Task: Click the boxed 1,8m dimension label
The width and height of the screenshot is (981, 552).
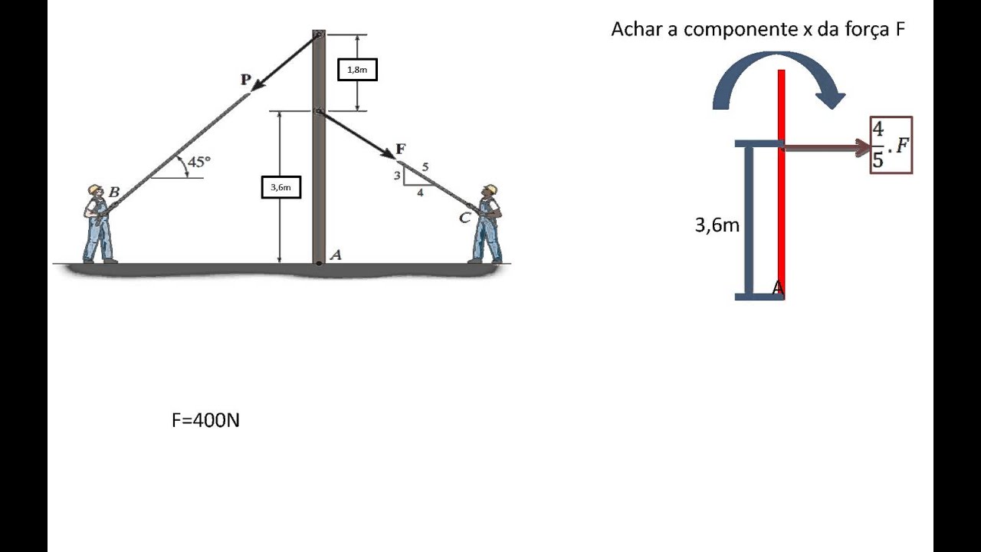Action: point(357,70)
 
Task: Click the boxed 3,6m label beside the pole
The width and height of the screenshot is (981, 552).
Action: point(281,186)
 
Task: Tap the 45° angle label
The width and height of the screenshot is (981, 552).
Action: point(198,163)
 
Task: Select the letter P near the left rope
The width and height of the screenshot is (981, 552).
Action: point(245,79)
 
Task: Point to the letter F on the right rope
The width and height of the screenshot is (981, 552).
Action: point(400,149)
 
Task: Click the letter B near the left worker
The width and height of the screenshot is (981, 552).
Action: point(113,192)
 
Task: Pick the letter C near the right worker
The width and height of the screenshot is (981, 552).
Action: point(464,219)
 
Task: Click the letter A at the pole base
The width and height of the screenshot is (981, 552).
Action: point(335,255)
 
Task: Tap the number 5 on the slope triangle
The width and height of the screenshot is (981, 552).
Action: point(425,167)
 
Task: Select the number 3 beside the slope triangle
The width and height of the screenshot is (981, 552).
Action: point(397,176)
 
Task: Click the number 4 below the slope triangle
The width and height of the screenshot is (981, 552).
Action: point(420,193)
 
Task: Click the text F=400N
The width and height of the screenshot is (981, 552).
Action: point(205,420)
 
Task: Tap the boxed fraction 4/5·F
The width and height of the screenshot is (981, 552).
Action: point(891,145)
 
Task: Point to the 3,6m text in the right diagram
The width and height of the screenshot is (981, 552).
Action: point(717,225)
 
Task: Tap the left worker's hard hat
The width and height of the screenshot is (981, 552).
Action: point(95,189)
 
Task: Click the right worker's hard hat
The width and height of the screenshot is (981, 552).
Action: point(490,189)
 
